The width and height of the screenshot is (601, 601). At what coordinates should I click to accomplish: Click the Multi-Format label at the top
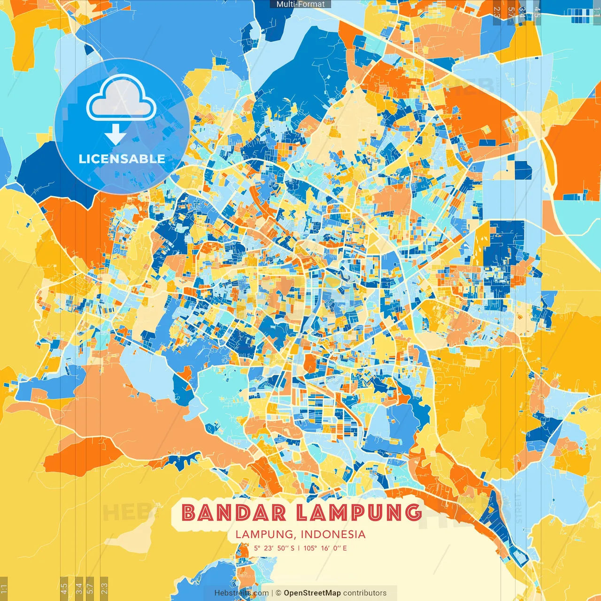(x=300, y=4)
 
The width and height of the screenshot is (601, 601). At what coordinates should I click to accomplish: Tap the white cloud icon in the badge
(x=122, y=98)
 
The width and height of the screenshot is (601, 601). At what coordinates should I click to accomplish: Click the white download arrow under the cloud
(x=116, y=135)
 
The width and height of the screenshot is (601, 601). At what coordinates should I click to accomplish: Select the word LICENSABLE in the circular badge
(x=122, y=159)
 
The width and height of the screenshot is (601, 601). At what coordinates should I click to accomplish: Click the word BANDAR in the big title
(x=233, y=513)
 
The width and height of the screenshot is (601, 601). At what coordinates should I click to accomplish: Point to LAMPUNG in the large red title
(x=359, y=513)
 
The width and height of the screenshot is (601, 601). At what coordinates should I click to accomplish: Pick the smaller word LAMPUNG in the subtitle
(x=264, y=534)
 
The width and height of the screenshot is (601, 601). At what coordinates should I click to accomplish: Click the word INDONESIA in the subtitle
(x=333, y=534)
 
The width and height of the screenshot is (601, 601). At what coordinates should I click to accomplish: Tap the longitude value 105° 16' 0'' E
(x=325, y=548)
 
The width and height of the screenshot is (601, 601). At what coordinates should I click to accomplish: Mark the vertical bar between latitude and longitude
(x=299, y=548)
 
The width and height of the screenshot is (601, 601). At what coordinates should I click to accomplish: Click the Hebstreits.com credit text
(x=241, y=593)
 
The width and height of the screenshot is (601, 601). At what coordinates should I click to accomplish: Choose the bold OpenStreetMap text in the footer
(x=312, y=593)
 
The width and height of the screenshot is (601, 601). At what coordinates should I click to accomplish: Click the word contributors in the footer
(x=365, y=593)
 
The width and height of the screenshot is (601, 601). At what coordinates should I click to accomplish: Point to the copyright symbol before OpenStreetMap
(x=278, y=593)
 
